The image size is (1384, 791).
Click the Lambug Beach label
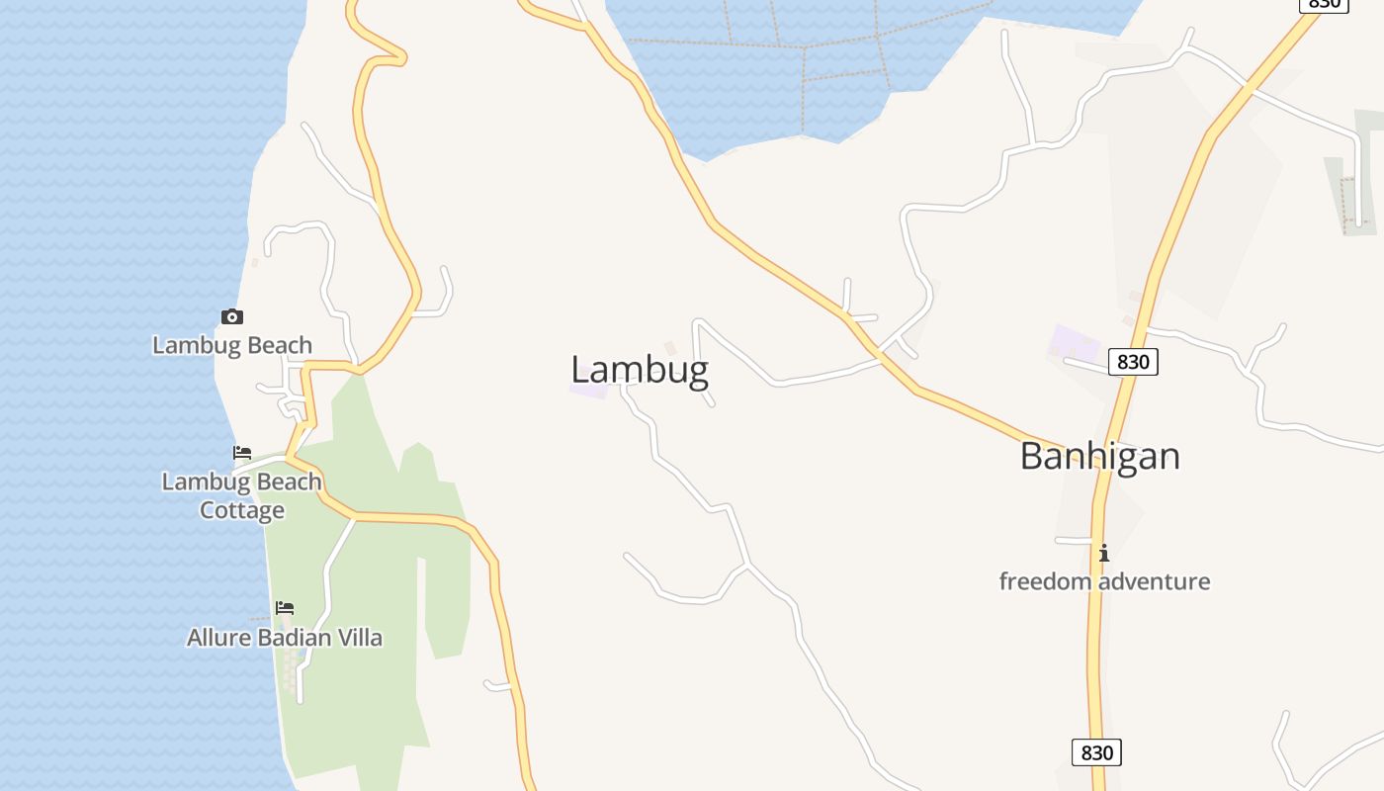click(x=232, y=345)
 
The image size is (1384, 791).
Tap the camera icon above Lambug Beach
click(x=232, y=316)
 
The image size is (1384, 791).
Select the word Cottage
click(x=242, y=510)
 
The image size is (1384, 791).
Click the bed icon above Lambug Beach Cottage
click(x=242, y=453)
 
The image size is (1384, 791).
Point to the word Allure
click(x=218, y=638)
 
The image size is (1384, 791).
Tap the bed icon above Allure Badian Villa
click(x=285, y=607)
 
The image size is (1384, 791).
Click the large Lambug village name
click(x=640, y=370)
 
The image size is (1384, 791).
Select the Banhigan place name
click(x=1099, y=456)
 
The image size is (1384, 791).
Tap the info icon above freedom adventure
click(x=1104, y=553)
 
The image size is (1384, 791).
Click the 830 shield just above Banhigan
click(x=1132, y=362)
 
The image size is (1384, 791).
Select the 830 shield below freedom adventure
click(x=1096, y=752)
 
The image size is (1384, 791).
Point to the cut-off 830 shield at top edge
click(x=1323, y=4)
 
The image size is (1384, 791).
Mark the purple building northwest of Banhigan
click(x=1075, y=342)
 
